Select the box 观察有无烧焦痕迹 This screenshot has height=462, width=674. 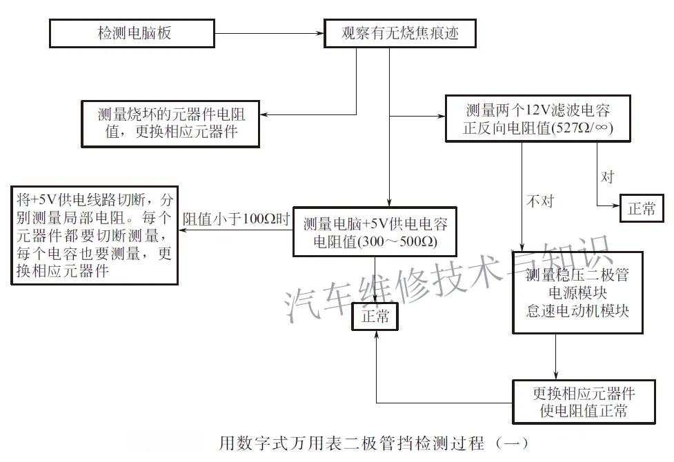point(399,32)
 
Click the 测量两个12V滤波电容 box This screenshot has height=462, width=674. point(537,119)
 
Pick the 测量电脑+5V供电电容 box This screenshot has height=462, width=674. point(375,232)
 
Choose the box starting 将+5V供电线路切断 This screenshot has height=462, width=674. point(93,235)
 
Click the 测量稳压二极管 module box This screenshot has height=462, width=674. point(577,293)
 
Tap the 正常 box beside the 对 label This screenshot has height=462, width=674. point(642,209)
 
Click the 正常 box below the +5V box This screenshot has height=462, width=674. point(375,317)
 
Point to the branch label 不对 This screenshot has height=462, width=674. point(539,201)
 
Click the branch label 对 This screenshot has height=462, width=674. point(607,177)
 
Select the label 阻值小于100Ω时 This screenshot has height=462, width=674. point(235,220)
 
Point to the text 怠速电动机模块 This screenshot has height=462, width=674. point(577,310)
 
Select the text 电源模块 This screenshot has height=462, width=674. point(577,293)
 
